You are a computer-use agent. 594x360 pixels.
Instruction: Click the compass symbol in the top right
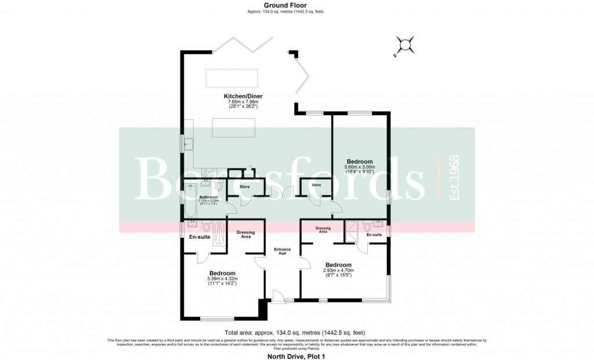pyautogui.click(x=404, y=45)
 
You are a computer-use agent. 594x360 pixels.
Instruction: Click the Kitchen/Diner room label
pyautogui.click(x=241, y=96)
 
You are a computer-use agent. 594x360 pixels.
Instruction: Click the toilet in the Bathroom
pyautogui.click(x=218, y=187)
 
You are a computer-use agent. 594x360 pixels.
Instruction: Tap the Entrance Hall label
pyautogui.click(x=282, y=252)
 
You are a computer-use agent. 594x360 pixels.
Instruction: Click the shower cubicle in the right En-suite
pyautogui.click(x=352, y=231)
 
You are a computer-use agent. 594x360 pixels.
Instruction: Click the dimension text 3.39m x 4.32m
pyautogui.click(x=222, y=279)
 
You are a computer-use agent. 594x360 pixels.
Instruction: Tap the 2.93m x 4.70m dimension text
pyautogui.click(x=338, y=271)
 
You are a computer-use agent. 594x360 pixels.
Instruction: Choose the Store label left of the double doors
pyautogui.click(x=245, y=187)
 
